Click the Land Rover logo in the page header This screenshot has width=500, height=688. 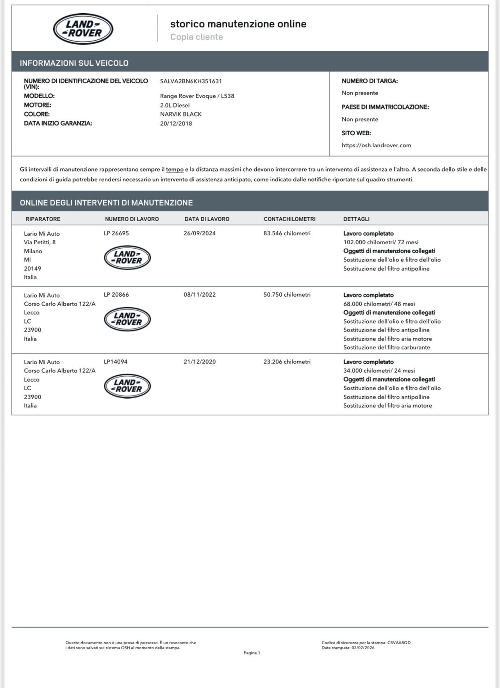[83, 29]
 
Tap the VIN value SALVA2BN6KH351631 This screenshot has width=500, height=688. [191, 81]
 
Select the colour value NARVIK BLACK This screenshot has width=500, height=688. [181, 114]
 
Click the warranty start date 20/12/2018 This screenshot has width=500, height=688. [176, 124]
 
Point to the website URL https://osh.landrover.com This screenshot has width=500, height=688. [376, 145]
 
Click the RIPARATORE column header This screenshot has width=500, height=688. [43, 219]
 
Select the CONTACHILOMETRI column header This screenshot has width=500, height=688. [289, 219]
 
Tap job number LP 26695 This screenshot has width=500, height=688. [116, 233]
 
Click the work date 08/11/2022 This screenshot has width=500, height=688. [200, 295]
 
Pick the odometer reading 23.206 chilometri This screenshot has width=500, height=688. [287, 362]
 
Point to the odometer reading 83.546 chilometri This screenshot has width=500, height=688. [287, 233]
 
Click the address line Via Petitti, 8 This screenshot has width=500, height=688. [40, 242]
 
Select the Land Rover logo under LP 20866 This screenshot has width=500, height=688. [127, 319]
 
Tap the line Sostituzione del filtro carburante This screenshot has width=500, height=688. [387, 348]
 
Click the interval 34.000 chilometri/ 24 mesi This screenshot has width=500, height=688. [379, 371]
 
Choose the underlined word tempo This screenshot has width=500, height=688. [175, 170]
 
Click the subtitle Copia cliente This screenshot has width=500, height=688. [196, 37]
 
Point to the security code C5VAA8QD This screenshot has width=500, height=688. [399, 643]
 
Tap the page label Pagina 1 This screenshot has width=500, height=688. [252, 653]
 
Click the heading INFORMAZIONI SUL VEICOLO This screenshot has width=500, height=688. [74, 63]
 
